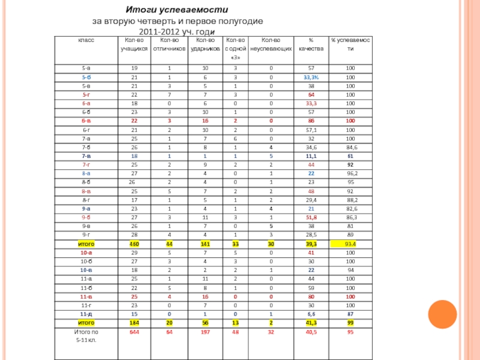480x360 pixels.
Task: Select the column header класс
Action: pyautogui.click(x=83, y=40)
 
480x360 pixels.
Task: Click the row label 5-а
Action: pyautogui.click(x=87, y=68)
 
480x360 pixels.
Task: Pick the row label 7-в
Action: pyautogui.click(x=86, y=155)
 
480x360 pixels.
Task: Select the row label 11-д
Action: pyautogui.click(x=86, y=314)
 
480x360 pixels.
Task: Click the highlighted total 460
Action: pyautogui.click(x=134, y=245)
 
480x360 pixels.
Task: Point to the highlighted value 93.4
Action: pyautogui.click(x=350, y=245)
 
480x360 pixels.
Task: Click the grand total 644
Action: pyautogui.click(x=134, y=331)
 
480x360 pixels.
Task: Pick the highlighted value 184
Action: pyautogui.click(x=134, y=323)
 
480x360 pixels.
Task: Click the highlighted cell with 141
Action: pyautogui.click(x=205, y=245)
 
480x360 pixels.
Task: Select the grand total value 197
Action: pyautogui.click(x=205, y=331)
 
